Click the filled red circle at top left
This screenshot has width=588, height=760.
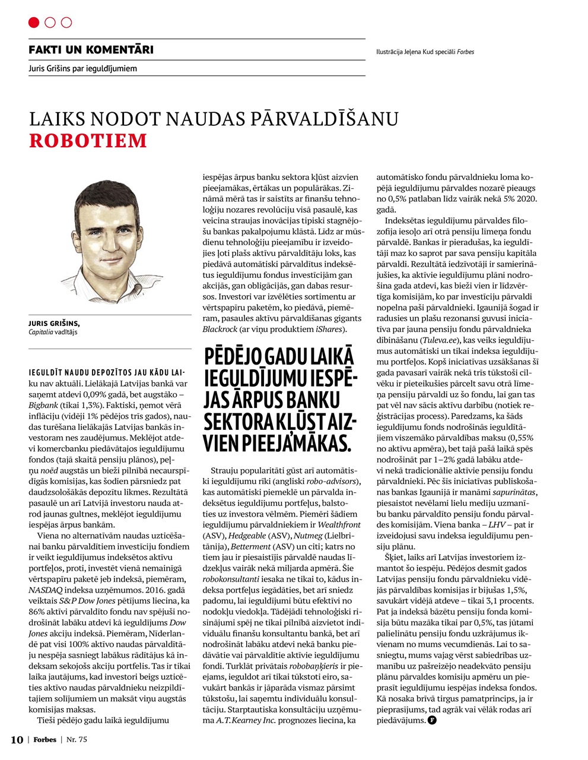point(34,23)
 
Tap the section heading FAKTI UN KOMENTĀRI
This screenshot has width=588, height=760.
point(91,50)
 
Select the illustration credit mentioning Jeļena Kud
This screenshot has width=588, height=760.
point(425,52)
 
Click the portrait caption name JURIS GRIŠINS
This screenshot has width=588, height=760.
point(54,323)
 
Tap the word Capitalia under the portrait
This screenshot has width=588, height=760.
point(42,332)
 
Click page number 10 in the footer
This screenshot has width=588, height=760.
point(17,739)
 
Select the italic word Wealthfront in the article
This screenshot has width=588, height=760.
point(339,525)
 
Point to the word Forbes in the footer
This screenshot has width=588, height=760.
point(45,739)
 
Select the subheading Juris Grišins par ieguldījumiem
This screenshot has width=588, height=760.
point(82,69)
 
